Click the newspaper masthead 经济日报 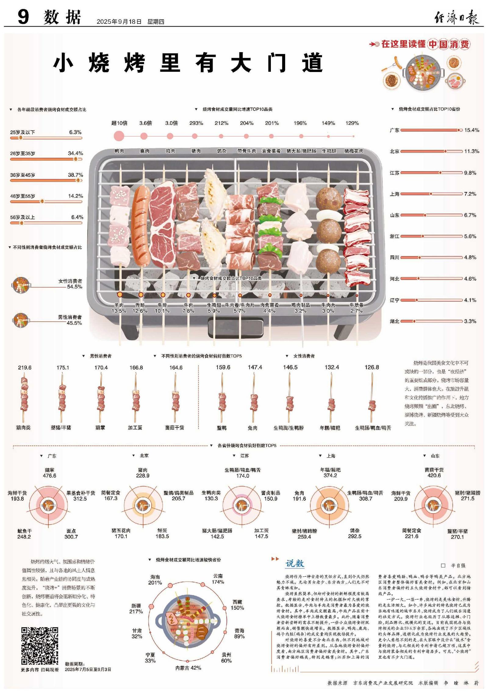pos(456,17)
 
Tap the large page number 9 pos(23,17)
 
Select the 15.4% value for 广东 pos(472,130)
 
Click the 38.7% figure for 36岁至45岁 pos(75,175)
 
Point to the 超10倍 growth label pos(119,123)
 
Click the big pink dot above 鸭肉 pos(119,136)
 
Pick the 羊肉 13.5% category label pos(119,308)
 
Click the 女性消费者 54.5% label pos(70,284)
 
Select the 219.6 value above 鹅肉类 pos(25,368)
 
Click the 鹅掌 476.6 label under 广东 pos(49,473)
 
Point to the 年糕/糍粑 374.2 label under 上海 pos(330,473)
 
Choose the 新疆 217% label pos(136,609)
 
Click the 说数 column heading pos(295,563)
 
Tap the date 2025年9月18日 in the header pos(119,22)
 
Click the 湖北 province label pos(394,321)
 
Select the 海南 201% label pos(155,580)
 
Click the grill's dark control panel pos(235,327)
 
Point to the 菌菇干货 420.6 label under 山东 pos(434,473)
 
